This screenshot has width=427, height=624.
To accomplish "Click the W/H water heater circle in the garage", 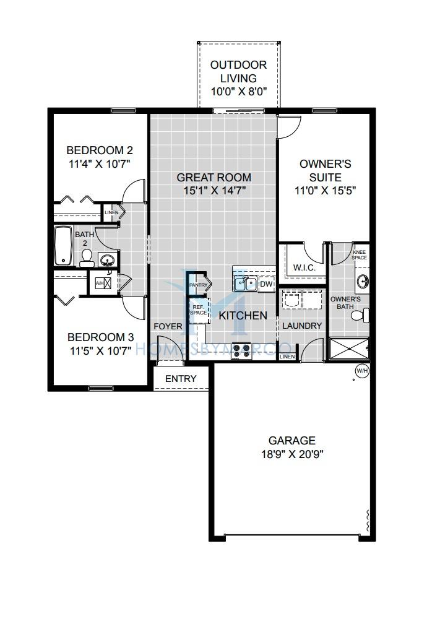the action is pos(362,371).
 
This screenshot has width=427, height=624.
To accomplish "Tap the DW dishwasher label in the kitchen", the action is pos(266,284).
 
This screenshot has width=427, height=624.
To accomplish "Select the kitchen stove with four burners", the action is pos(241,350).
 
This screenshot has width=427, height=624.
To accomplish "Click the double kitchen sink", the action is pos(245,284).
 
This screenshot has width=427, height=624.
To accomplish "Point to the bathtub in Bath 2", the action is pos(63,246).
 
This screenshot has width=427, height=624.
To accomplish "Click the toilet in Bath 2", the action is pos(87,259).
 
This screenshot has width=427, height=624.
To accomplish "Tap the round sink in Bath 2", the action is pos(107,261).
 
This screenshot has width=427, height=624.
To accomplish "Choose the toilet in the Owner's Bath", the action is pos(360,314).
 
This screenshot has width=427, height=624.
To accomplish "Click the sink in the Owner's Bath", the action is pos(363,281).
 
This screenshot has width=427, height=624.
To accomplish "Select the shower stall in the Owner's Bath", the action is pos(349,349).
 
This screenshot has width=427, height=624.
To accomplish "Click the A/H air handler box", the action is pos(103,283).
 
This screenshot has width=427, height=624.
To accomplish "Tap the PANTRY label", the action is pos(198,285).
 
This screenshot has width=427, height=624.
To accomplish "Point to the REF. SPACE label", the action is pos(198,310).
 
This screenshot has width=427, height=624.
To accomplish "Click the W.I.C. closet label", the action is pos(304,267).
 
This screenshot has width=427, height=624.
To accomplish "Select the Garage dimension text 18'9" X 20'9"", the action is pos(292,454).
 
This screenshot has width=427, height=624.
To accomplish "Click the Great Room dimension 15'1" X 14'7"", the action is pos(215,191).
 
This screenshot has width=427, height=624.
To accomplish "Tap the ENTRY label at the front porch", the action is pos(181,378).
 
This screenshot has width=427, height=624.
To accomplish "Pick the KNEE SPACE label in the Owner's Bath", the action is pos(360,254).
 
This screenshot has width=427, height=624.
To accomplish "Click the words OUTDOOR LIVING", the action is pos(238,72).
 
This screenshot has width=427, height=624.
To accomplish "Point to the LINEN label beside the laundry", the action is pos(287,357).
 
